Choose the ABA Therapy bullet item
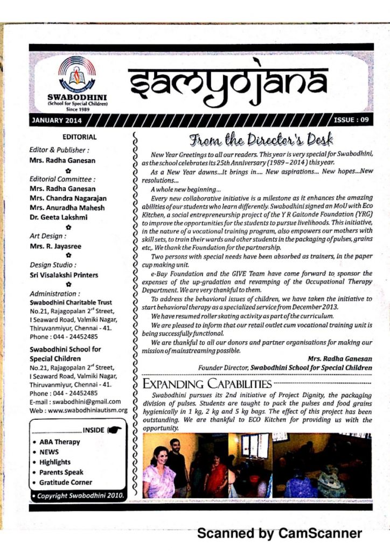(x=59, y=442)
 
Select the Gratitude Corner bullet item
(x=65, y=483)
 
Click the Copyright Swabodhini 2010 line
(x=79, y=495)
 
